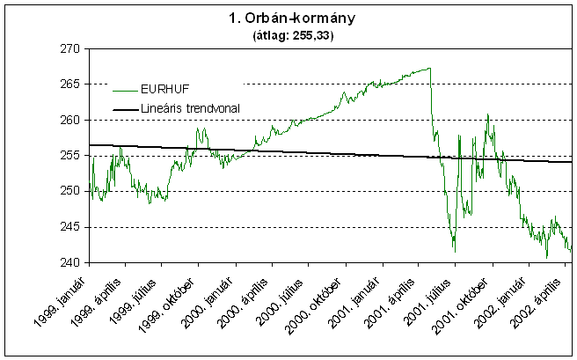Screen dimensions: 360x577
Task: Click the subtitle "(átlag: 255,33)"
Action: (x=288, y=38)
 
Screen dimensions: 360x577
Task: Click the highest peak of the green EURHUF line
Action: (x=429, y=68)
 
